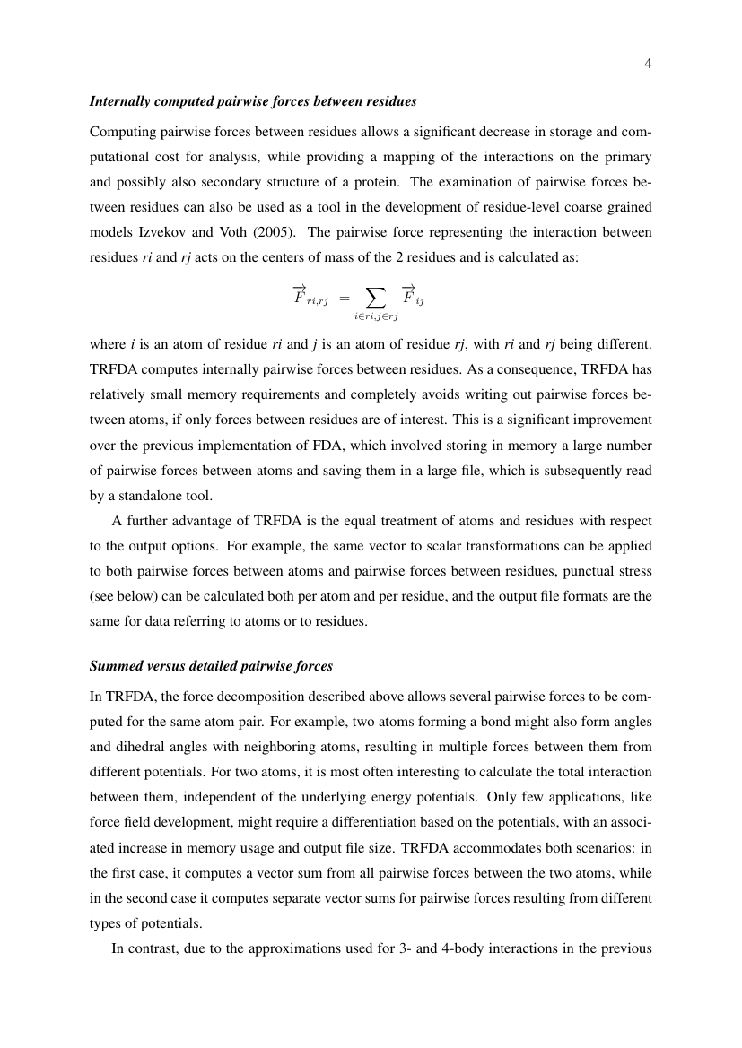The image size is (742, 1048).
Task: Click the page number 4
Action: [647, 63]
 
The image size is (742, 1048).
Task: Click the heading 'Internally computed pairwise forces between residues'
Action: [253, 99]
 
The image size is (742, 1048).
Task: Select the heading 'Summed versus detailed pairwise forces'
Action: [211, 665]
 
